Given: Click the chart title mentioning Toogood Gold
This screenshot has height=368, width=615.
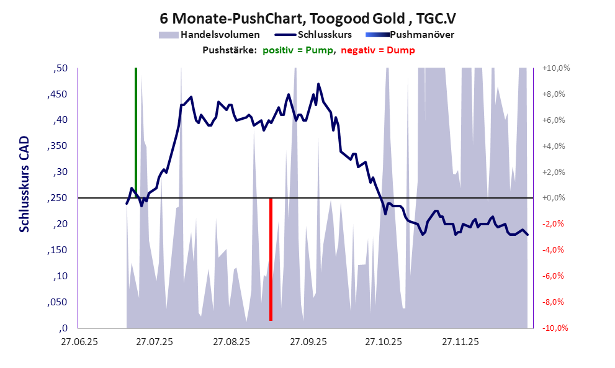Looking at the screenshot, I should tap(307, 18).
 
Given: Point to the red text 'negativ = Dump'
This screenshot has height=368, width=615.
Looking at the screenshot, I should tap(378, 50).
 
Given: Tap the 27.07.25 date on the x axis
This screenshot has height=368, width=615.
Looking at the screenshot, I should tap(155, 341).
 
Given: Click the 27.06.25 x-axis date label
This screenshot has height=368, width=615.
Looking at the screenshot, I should tap(78, 341).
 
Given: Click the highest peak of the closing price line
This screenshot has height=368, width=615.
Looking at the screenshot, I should tap(318, 84).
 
